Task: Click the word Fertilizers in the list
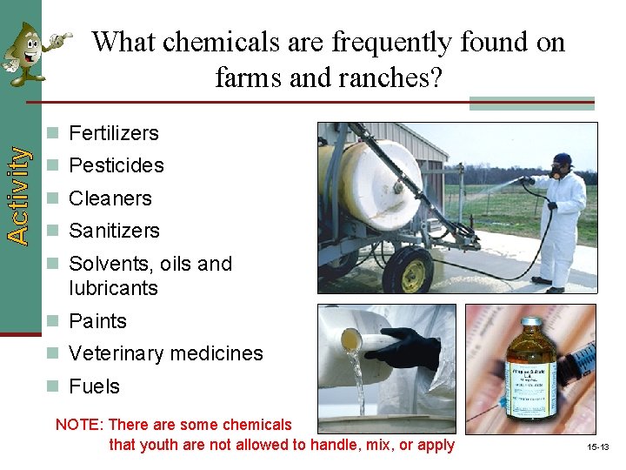coord(114,133)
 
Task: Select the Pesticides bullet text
coord(116,165)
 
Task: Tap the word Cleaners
coord(110,198)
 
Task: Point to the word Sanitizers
coord(114,231)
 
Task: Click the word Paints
coord(97,321)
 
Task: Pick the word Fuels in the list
coord(94,386)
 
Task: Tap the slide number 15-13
coord(597,446)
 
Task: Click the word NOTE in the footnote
coord(79,425)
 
